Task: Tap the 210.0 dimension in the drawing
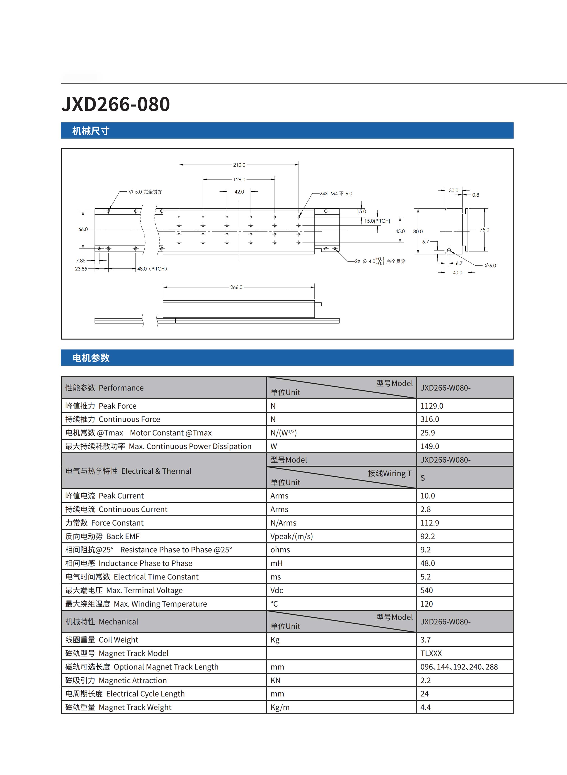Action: tap(239, 165)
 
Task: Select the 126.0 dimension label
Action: tap(239, 179)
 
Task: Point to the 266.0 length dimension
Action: tap(236, 287)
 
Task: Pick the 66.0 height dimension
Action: tap(83, 229)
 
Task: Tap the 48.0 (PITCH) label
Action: tap(152, 269)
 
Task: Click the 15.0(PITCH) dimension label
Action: tap(377, 221)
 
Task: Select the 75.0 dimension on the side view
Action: tap(484, 230)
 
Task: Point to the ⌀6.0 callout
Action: tap(490, 265)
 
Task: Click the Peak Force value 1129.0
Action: tap(432, 406)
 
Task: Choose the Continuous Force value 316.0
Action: tap(430, 419)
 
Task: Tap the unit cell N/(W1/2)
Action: tap(283, 433)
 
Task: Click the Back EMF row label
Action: tap(102, 536)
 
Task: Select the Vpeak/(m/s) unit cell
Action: tap(291, 536)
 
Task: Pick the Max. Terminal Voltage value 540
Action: tap(427, 590)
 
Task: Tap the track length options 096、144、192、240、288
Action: tap(459, 667)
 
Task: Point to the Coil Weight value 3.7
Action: tap(426, 640)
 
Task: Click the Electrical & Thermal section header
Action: tap(128, 471)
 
